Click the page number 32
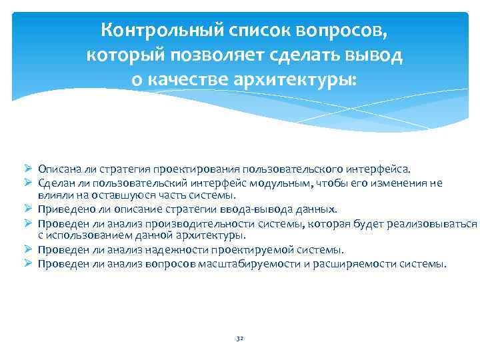pyautogui.click(x=240, y=339)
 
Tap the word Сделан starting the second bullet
pyautogui.click(x=55, y=183)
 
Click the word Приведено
pyautogui.click(x=65, y=209)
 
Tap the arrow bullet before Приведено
pyautogui.click(x=29, y=209)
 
